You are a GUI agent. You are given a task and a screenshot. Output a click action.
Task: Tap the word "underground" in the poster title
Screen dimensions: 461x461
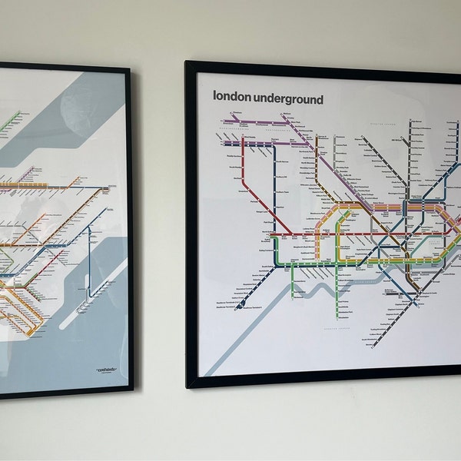pos(289,98)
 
